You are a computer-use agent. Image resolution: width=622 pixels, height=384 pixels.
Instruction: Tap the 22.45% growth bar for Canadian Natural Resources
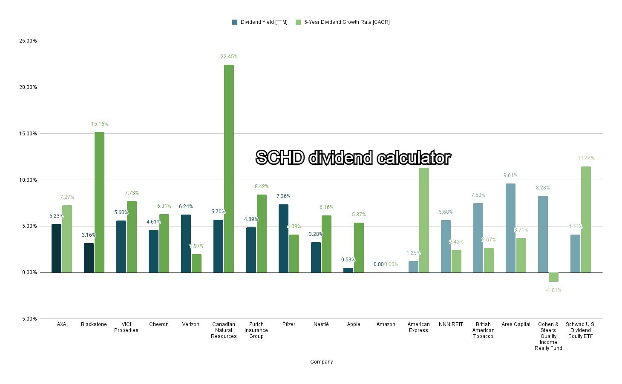[229, 169]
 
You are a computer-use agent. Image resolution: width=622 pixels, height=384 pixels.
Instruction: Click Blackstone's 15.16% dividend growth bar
[99, 202]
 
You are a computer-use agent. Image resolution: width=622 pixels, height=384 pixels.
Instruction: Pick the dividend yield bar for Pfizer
[283, 238]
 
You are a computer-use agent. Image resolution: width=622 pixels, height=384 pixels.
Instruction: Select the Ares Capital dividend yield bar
[510, 228]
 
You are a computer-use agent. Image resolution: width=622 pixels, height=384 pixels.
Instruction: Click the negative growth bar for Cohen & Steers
[553, 277]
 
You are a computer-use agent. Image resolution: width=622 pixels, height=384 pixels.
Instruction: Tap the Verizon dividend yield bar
[186, 244]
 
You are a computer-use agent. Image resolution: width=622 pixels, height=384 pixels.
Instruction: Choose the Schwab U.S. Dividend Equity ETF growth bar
[586, 219]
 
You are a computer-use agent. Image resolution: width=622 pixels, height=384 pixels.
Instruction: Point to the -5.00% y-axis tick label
[28, 319]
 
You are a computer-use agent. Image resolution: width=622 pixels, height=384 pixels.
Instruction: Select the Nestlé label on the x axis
[321, 324]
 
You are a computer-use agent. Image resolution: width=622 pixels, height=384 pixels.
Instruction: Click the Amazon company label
[386, 324]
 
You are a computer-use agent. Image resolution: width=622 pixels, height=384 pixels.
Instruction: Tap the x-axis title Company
[321, 362]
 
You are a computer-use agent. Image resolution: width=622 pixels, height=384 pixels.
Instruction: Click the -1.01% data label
[553, 290]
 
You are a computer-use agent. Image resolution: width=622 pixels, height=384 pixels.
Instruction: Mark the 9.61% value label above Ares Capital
[510, 175]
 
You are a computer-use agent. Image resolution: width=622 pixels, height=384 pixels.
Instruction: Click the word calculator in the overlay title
[413, 158]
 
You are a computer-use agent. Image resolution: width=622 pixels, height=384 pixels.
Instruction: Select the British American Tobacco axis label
[483, 330]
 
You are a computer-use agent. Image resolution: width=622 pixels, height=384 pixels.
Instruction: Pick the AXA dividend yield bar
[56, 248]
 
